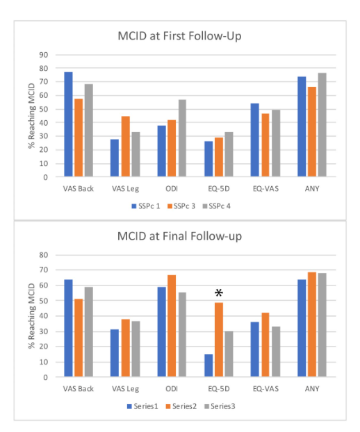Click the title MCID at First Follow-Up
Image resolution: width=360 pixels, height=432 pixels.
[179, 36]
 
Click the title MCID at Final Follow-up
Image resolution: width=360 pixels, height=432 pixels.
[179, 236]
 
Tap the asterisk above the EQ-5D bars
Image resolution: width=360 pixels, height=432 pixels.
[219, 292]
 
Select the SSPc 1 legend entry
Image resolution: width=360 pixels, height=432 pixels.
[146, 206]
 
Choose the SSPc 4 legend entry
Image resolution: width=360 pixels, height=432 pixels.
[216, 206]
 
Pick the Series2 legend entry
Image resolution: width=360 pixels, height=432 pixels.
[181, 406]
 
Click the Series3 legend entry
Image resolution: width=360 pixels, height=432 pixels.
[220, 406]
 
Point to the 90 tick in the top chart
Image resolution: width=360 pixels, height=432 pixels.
[44, 55]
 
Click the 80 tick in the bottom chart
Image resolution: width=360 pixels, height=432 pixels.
[44, 255]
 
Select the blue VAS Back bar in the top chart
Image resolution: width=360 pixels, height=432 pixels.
[68, 124]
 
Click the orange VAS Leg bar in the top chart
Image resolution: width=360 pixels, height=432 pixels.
[125, 147]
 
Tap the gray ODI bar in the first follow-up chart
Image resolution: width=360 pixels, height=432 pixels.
[182, 138]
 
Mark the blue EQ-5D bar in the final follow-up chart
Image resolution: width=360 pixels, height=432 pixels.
[208, 365]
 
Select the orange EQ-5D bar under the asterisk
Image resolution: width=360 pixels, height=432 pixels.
[219, 340]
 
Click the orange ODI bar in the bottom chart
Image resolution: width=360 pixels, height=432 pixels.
[172, 326]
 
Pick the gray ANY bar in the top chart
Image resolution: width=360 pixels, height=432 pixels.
[322, 125]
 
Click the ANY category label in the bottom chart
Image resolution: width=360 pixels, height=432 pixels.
[312, 389]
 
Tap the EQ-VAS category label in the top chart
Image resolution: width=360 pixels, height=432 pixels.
[265, 189]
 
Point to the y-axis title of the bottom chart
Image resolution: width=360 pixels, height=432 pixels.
[32, 316]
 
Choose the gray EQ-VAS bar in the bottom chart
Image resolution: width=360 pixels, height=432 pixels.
[276, 351]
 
